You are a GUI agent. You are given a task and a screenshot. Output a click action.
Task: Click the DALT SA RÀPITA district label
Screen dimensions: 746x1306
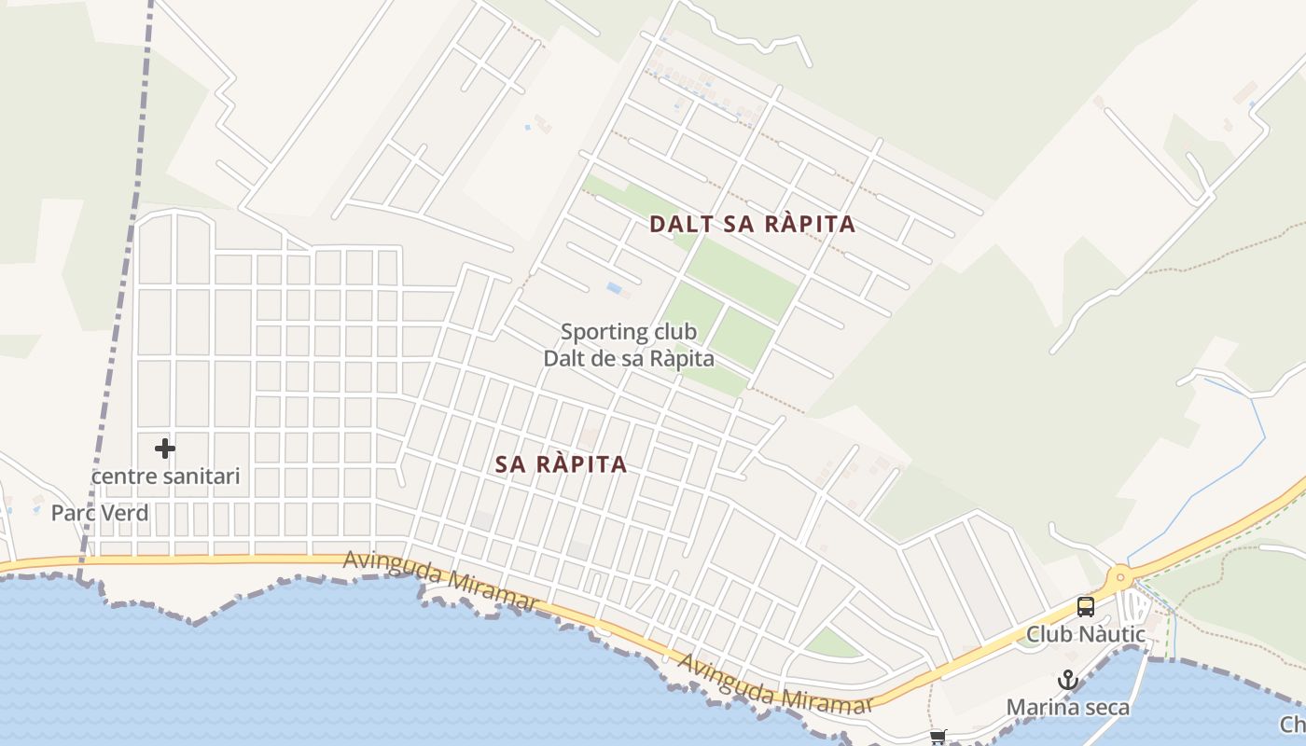tap(752, 225)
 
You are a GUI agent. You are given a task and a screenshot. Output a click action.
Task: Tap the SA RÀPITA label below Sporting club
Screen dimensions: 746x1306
tap(561, 464)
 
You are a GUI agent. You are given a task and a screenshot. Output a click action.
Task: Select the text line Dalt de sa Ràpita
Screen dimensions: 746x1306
tap(629, 358)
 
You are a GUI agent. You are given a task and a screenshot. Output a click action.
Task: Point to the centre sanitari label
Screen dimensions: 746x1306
tap(165, 477)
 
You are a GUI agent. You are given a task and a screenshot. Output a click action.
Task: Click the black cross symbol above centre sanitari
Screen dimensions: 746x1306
tap(165, 449)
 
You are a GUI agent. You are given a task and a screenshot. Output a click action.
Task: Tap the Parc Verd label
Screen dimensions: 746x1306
tap(100, 513)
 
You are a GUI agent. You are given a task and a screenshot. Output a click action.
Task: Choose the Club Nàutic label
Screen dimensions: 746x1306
tap(1086, 634)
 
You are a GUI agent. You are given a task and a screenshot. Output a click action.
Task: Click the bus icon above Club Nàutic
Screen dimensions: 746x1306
tap(1085, 607)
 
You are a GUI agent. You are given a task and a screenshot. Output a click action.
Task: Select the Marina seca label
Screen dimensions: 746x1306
tap(1067, 708)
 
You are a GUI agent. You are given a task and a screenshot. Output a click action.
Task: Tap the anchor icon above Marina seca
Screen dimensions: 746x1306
tap(1067, 681)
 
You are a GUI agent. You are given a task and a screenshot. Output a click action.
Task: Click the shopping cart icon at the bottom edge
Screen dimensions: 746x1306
tap(938, 738)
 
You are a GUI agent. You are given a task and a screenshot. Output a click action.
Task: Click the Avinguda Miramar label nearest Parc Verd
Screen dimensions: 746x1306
tap(440, 581)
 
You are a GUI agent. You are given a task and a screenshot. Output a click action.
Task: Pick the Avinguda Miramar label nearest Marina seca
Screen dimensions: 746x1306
tap(775, 684)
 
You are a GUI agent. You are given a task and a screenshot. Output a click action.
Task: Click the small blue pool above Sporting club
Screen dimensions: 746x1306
tap(615, 288)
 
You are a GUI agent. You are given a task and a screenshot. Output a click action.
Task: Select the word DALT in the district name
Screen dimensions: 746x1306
tap(678, 225)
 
